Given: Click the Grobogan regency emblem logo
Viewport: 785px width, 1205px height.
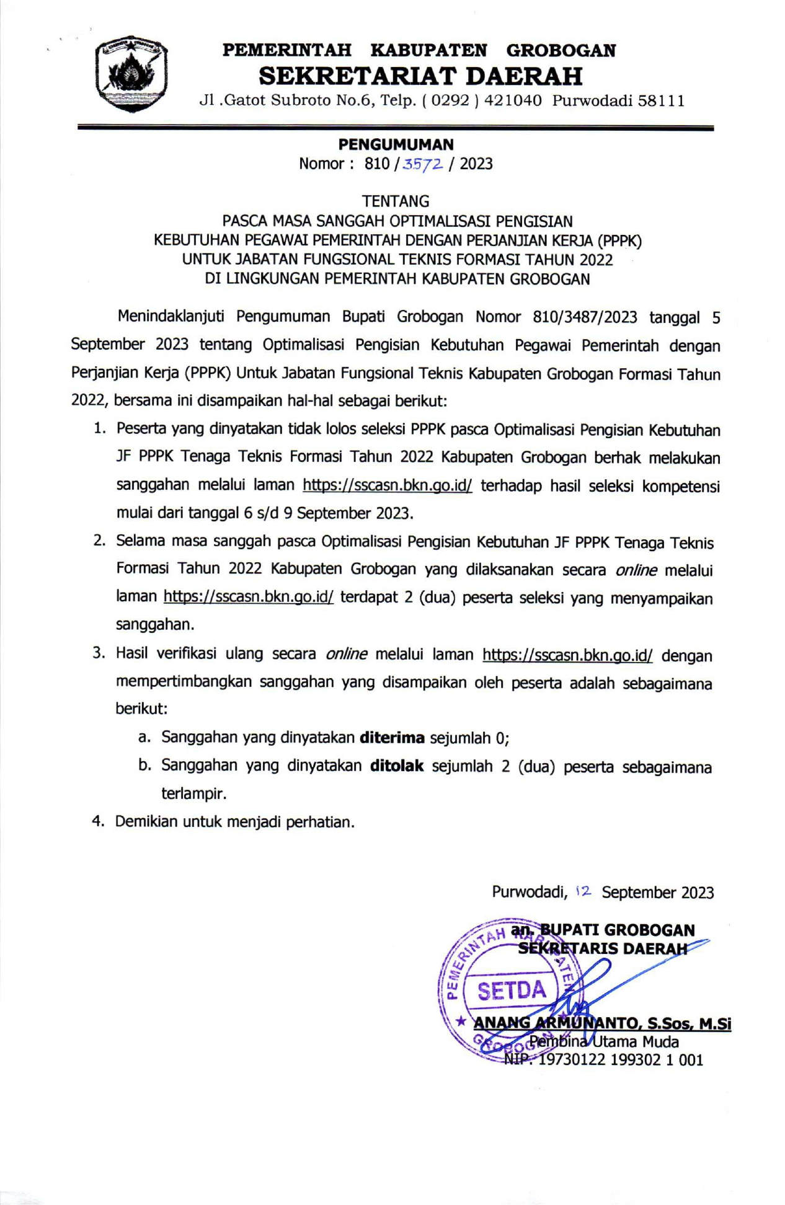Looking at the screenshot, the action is pyautogui.click(x=131, y=73).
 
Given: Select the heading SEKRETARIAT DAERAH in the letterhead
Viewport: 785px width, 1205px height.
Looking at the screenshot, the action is pyautogui.click(x=420, y=76).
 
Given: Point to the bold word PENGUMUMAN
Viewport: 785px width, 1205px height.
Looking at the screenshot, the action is pyautogui.click(x=396, y=144).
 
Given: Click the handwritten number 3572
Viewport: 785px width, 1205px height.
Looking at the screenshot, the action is pyautogui.click(x=423, y=164).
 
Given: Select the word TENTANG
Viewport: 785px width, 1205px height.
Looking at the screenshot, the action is pyautogui.click(x=396, y=201).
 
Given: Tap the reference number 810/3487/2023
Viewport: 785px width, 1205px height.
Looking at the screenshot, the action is pyautogui.click(x=585, y=317).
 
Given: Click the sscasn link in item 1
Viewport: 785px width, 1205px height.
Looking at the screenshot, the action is pyautogui.click(x=387, y=485).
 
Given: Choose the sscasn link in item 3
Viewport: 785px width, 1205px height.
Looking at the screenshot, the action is pyautogui.click(x=567, y=655).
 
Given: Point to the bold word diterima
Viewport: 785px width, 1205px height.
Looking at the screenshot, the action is pyautogui.click(x=392, y=738).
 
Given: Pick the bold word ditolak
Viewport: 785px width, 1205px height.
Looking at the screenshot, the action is pyautogui.click(x=396, y=766).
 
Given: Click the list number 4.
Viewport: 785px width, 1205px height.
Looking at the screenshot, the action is pyautogui.click(x=97, y=821).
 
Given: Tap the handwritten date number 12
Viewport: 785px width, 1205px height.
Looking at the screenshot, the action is pyautogui.click(x=583, y=891).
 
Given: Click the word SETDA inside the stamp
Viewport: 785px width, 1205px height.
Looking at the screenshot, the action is pyautogui.click(x=512, y=991).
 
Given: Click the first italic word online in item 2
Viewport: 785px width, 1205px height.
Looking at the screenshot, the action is pyautogui.click(x=636, y=570).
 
